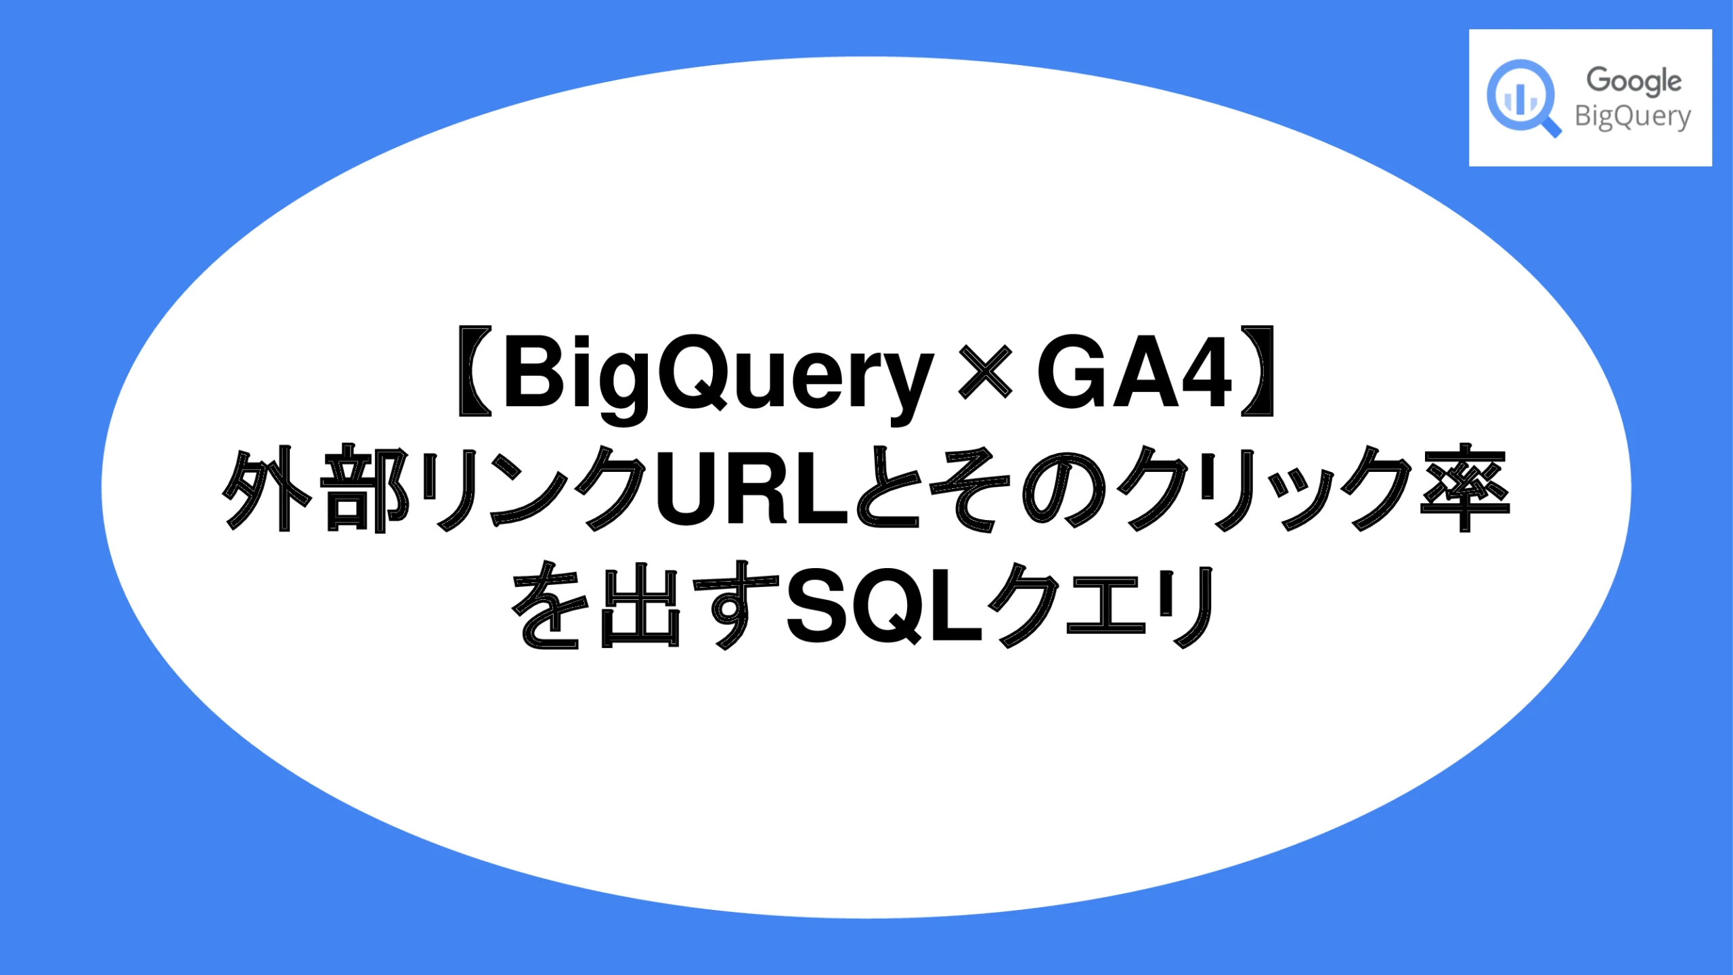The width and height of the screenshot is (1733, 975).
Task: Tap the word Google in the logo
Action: point(1633,81)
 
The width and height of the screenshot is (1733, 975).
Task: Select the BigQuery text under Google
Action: point(1632,117)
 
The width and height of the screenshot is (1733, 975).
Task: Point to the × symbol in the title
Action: point(985,372)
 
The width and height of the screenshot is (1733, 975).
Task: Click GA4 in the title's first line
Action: point(1134,372)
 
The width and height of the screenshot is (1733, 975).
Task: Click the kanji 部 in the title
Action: point(364,489)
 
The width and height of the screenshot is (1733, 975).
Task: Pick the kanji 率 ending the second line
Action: point(1465,489)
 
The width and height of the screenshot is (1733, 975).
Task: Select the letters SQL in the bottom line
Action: point(883,606)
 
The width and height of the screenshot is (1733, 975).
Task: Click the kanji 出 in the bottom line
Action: point(640,606)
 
